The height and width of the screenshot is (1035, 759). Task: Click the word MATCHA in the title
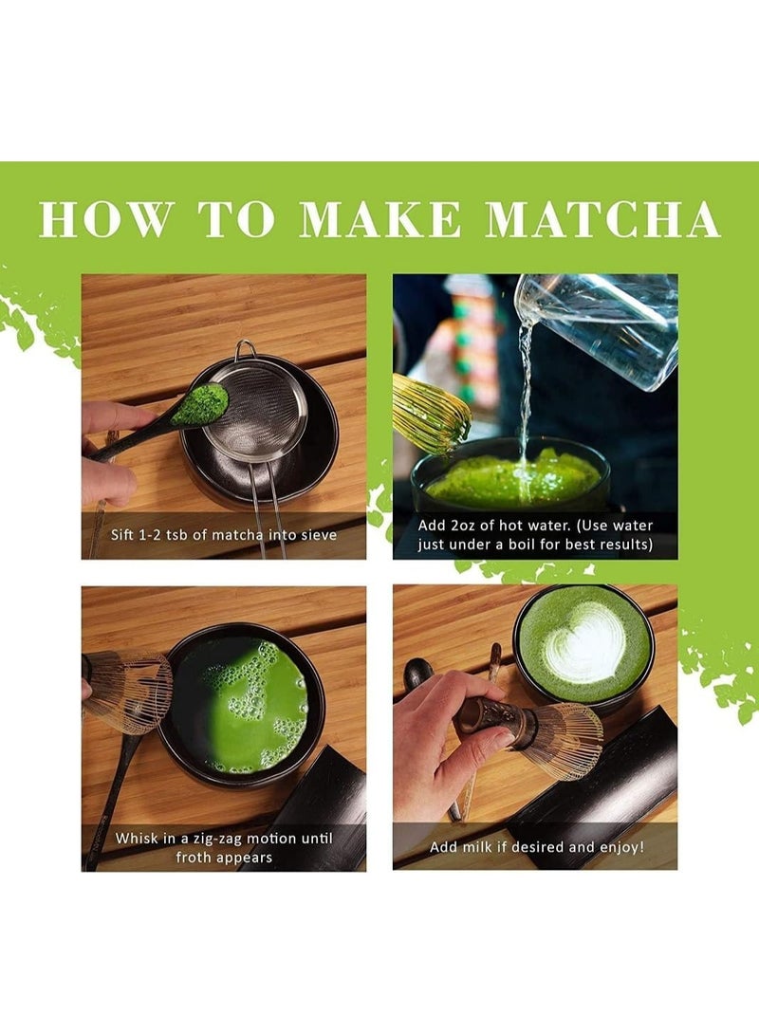[602, 220]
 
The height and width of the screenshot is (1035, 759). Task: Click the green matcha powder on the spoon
[199, 406]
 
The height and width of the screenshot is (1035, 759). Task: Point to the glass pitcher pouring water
[598, 327]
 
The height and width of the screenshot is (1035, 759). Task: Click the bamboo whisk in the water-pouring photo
[429, 413]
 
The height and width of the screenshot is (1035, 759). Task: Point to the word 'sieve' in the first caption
[317, 534]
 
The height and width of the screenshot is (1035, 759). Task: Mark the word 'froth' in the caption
[195, 857]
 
